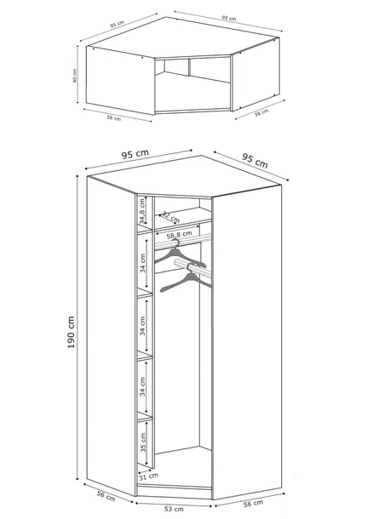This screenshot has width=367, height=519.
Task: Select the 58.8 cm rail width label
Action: coord(179,235)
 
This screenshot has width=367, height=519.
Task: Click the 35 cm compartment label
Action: coord(143,442)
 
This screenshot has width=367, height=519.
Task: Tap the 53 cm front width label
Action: coord(174,509)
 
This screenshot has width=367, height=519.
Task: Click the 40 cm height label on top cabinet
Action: coord(76,77)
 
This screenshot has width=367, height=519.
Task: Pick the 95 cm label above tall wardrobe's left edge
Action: coord(136,155)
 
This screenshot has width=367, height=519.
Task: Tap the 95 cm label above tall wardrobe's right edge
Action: coord(255,159)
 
